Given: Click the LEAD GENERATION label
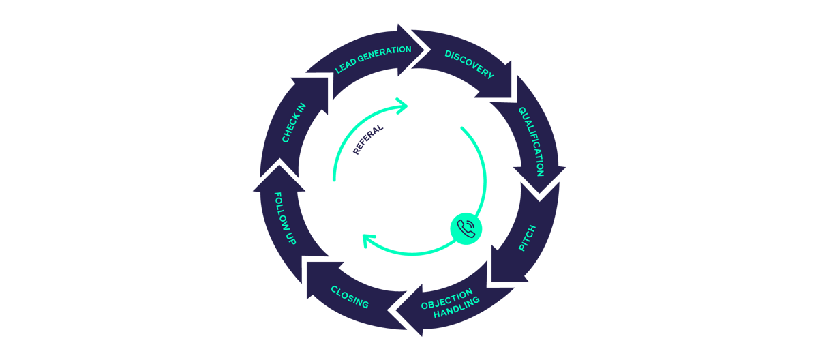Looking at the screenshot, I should click(x=373, y=60).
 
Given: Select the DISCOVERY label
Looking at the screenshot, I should click(x=469, y=64).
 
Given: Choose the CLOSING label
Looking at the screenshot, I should click(x=350, y=297).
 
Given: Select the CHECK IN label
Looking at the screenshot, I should click(x=294, y=123).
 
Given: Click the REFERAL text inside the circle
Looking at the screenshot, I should click(x=368, y=140).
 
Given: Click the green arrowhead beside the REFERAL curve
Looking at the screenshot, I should click(x=403, y=105).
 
